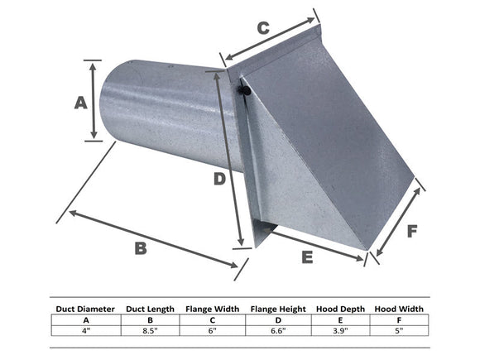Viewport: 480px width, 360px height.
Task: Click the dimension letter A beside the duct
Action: [x=81, y=103]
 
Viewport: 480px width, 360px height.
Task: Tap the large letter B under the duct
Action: [x=140, y=247]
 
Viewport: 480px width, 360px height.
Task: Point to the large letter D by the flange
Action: [x=217, y=178]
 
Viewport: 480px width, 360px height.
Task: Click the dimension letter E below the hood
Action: [x=307, y=257]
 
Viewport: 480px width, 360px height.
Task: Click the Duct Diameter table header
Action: [x=85, y=310]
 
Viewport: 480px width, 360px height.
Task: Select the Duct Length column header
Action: [x=150, y=310]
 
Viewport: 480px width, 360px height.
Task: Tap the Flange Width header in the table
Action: [x=212, y=310]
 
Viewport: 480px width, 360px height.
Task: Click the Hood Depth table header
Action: [x=340, y=310]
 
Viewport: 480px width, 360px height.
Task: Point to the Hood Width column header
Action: [x=399, y=310]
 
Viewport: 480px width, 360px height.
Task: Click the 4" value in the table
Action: [x=85, y=330]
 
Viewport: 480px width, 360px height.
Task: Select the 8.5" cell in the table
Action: [x=150, y=330]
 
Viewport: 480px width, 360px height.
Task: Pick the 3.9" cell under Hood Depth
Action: [x=340, y=330]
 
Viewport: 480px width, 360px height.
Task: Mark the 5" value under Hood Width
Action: [x=399, y=330]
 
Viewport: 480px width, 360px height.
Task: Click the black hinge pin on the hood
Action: [x=242, y=88]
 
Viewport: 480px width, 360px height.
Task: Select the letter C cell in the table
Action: [x=212, y=319]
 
